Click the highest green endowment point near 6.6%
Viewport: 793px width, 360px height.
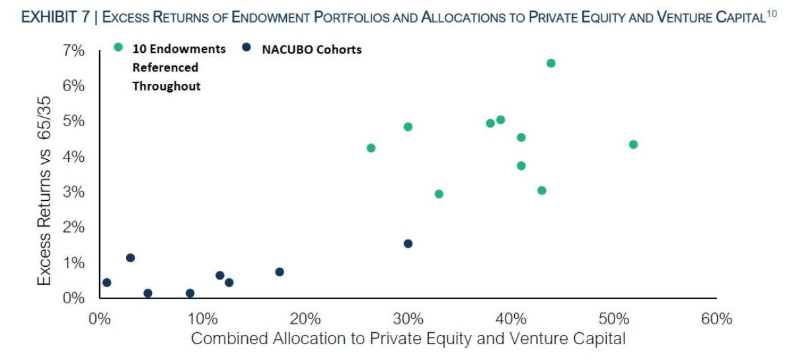click(551, 63)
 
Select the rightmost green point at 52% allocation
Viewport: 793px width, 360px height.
click(633, 145)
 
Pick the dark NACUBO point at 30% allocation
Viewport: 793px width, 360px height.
click(408, 244)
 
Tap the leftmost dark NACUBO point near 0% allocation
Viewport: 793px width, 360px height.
click(106, 283)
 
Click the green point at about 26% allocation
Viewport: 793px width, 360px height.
click(371, 148)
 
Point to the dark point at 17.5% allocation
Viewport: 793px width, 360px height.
click(280, 272)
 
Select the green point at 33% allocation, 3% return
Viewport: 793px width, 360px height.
click(439, 194)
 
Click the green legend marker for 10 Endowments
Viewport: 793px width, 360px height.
click(118, 48)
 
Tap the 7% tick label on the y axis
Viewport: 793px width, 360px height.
click(73, 51)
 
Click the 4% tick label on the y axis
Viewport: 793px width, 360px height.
click(73, 157)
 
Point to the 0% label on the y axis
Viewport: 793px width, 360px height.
click(73, 299)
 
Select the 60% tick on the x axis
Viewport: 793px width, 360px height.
click(716, 320)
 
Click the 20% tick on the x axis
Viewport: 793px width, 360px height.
click(305, 320)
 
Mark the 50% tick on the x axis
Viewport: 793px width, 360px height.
click(614, 320)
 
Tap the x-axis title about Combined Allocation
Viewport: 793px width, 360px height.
click(408, 340)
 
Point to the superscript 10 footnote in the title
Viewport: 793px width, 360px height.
click(771, 15)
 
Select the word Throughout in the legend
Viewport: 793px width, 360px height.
click(167, 87)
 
